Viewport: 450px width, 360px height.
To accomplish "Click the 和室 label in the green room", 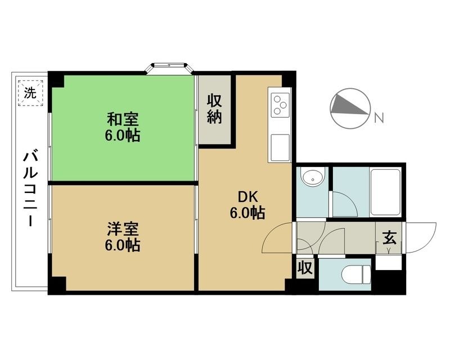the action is click(123, 119).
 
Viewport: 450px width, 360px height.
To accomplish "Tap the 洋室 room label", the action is click(123, 229).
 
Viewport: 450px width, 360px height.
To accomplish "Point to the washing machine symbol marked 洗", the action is click(30, 93).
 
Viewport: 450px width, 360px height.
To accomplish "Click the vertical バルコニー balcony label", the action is click(30, 189).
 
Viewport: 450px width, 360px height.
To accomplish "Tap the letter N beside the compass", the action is click(379, 118).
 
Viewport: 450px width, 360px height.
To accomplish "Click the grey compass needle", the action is click(349, 106).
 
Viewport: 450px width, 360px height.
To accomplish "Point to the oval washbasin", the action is click(313, 178).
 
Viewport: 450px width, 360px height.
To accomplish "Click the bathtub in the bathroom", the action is click(385, 192).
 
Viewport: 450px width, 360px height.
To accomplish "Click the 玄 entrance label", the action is click(389, 237).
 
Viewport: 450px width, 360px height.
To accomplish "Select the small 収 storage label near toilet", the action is click(305, 268).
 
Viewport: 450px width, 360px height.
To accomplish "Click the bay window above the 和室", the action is click(169, 68).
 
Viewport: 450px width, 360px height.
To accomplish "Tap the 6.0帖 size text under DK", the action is click(247, 213).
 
